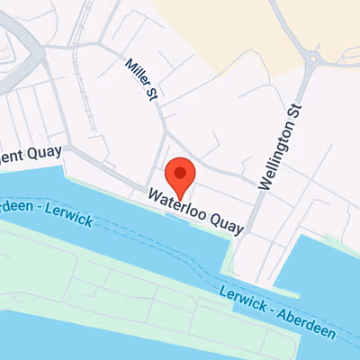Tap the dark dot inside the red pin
click(x=180, y=171)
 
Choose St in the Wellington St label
click(x=292, y=113)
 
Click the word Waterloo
click(x=173, y=202)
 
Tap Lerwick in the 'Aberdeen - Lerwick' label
click(x=72, y=217)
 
